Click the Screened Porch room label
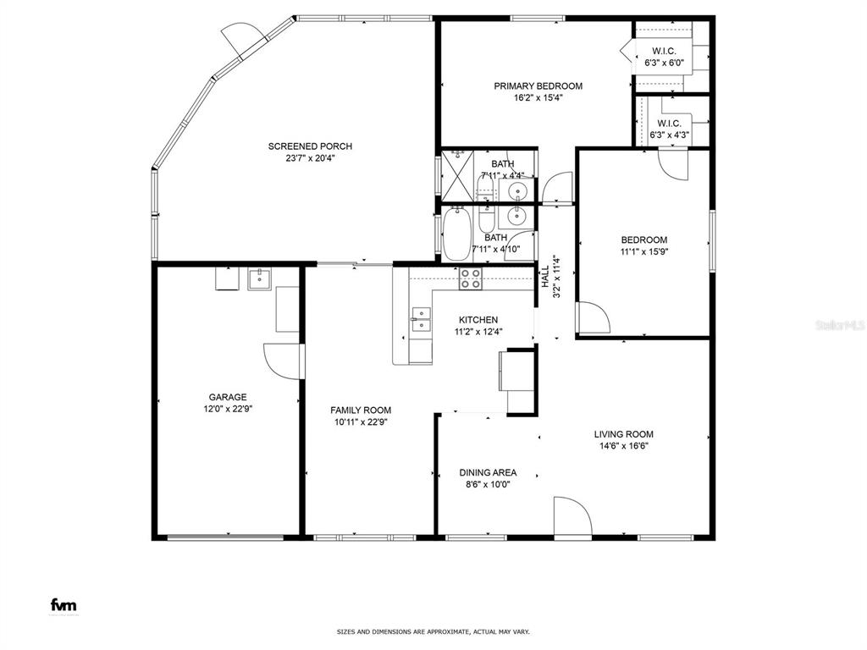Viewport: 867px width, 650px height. tap(310, 146)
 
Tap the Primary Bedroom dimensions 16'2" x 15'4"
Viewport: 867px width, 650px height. tap(538, 98)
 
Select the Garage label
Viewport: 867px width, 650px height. tap(228, 397)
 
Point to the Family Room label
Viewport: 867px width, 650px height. tap(361, 410)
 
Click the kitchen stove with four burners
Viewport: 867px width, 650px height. tap(471, 278)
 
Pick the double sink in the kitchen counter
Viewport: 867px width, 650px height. tap(421, 320)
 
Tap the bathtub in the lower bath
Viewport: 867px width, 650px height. tap(456, 234)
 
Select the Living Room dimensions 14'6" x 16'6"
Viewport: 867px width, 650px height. tap(624, 446)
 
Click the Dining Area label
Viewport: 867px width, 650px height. tap(488, 472)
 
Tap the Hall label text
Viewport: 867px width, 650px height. tap(545, 277)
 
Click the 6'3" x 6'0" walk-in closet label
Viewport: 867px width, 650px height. tap(664, 57)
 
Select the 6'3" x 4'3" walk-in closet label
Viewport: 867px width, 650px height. tap(669, 129)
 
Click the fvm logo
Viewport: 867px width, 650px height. tap(64, 604)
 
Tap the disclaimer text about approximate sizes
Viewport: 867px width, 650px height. tap(433, 631)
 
